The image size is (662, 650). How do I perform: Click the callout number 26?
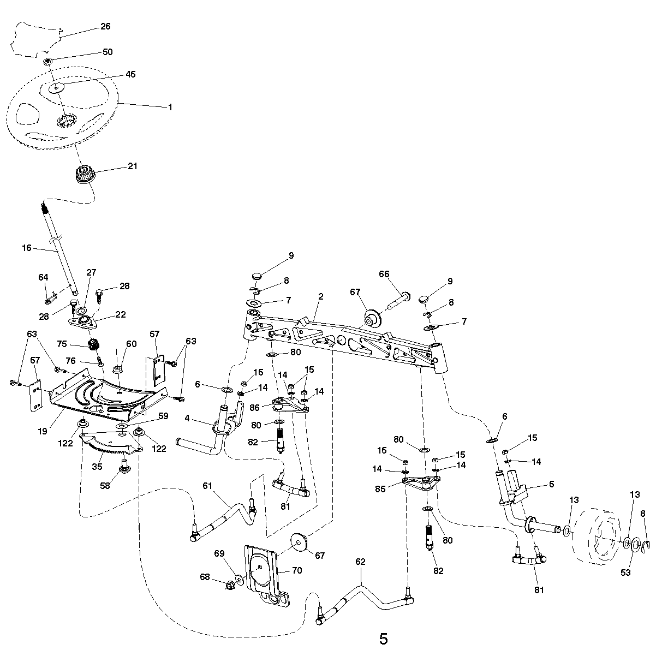(x=105, y=26)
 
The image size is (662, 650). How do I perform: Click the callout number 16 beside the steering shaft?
(x=27, y=248)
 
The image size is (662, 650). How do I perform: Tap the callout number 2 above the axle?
(x=320, y=296)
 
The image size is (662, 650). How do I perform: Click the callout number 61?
(x=207, y=485)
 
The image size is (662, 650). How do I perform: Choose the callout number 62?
(x=360, y=562)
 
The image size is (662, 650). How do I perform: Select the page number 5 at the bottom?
(x=383, y=639)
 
